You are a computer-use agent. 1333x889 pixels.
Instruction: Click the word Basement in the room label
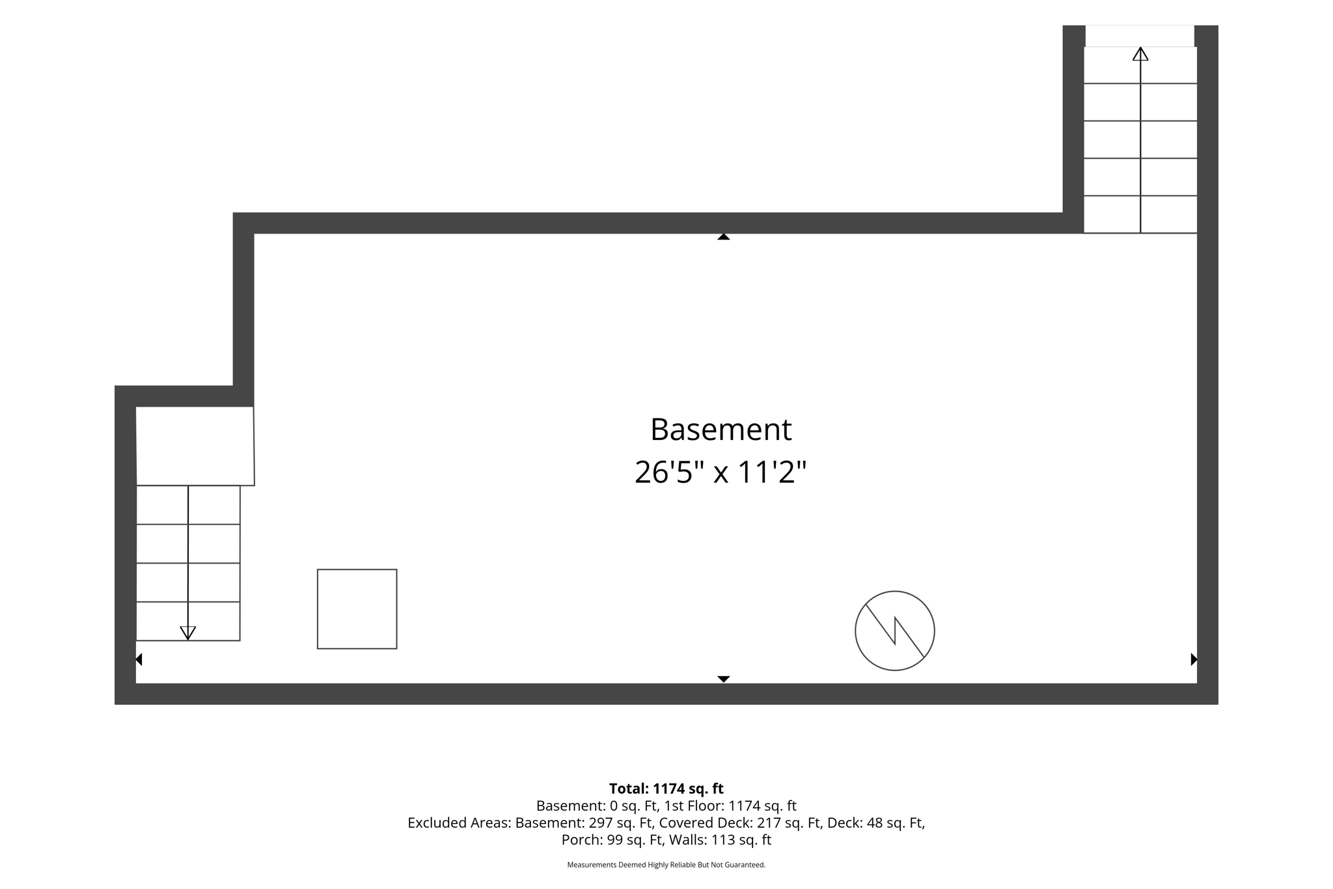click(721, 430)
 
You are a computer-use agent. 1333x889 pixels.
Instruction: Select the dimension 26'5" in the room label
click(670, 471)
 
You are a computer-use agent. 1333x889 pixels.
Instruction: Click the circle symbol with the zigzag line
click(895, 631)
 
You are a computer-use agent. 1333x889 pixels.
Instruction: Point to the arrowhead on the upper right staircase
click(1140, 54)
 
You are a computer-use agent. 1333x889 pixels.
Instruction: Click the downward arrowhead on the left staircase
click(188, 633)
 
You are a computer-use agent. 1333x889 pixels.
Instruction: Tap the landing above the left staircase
click(195, 446)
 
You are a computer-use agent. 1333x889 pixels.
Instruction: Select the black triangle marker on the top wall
click(723, 237)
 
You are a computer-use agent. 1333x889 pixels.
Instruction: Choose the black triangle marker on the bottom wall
click(723, 679)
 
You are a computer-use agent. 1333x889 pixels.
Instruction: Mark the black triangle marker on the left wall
click(139, 659)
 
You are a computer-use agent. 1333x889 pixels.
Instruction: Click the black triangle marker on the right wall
click(1194, 659)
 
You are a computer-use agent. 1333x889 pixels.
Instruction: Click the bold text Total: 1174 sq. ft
click(666, 789)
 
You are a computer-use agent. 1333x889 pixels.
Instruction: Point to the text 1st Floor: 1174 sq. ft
click(730, 806)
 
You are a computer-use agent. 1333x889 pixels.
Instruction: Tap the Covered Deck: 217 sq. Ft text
click(740, 823)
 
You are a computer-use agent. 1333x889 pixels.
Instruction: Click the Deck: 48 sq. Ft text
click(875, 823)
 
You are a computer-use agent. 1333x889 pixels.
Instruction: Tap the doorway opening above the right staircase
click(1140, 36)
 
